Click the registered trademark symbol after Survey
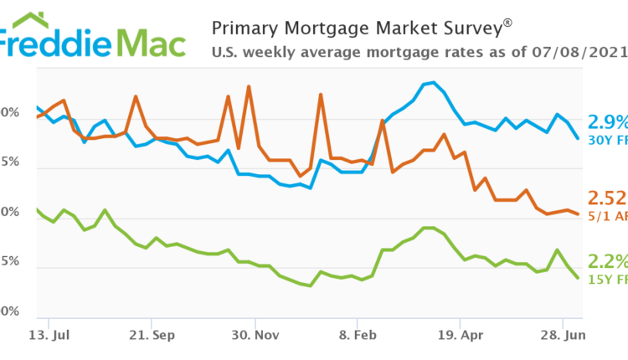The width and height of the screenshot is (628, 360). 507,24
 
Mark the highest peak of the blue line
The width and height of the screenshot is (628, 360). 432,83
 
